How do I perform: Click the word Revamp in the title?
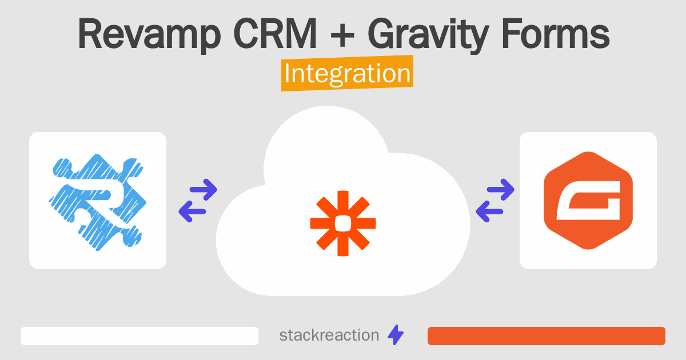(x=149, y=34)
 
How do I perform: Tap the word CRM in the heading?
(x=275, y=33)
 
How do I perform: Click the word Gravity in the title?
(x=428, y=35)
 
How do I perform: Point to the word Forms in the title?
(x=556, y=34)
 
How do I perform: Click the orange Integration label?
(x=348, y=73)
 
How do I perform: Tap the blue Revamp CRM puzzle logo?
(x=97, y=202)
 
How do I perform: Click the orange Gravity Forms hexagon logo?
(x=588, y=201)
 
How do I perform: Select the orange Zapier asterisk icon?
(x=343, y=223)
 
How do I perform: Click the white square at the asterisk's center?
(x=343, y=223)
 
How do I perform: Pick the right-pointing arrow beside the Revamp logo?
(x=204, y=190)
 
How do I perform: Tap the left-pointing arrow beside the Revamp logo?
(x=192, y=211)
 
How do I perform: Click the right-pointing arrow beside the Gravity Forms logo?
(x=500, y=190)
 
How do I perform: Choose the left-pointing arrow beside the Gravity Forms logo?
(x=489, y=211)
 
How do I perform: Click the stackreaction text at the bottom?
(x=329, y=335)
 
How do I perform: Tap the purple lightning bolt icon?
(x=396, y=335)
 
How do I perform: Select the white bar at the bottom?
(x=139, y=336)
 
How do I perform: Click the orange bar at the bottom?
(x=547, y=336)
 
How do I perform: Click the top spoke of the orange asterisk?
(x=343, y=203)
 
